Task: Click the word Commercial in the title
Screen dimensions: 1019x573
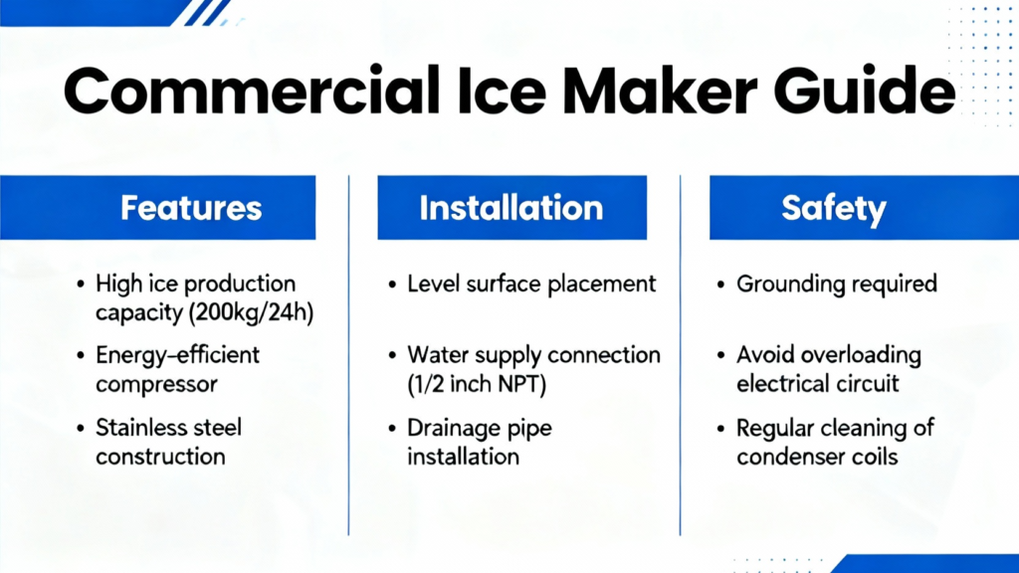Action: (x=251, y=91)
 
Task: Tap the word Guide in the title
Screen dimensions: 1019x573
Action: (x=865, y=91)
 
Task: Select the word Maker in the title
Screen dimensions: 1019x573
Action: (x=659, y=91)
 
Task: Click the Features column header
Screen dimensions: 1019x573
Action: (x=158, y=207)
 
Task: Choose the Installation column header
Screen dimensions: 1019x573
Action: (x=512, y=207)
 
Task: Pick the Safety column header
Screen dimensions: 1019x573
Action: (x=865, y=207)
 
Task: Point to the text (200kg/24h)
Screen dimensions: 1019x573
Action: (x=251, y=313)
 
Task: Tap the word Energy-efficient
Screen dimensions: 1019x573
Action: (x=177, y=355)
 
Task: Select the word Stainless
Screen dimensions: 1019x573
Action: (x=139, y=428)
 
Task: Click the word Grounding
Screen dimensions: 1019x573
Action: (x=789, y=285)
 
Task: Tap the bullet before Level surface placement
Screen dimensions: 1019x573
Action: (x=392, y=285)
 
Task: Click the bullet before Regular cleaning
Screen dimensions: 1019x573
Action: (x=720, y=429)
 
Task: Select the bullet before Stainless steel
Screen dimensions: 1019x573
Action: (x=80, y=428)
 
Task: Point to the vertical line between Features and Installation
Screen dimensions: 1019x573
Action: (x=349, y=355)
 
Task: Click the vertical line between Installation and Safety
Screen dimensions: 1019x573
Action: (x=681, y=355)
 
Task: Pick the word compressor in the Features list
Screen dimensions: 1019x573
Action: (x=156, y=385)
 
